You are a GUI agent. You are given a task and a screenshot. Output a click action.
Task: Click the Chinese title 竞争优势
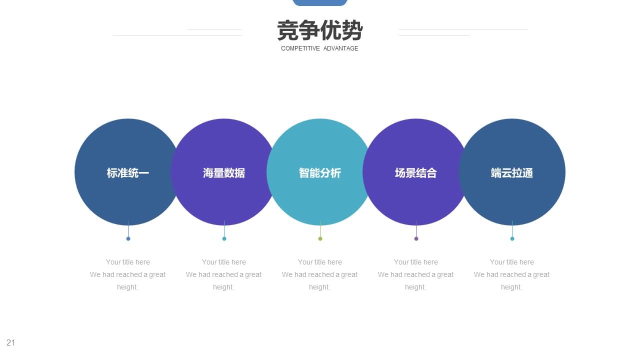(x=319, y=30)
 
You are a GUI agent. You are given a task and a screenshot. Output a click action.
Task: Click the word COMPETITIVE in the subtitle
(x=300, y=48)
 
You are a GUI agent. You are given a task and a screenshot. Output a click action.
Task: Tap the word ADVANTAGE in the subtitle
(x=341, y=48)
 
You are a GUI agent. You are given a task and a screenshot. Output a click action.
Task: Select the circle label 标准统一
(x=127, y=173)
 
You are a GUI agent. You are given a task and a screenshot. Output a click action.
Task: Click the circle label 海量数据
(x=223, y=173)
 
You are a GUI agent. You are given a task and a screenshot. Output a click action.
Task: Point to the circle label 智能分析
(x=319, y=173)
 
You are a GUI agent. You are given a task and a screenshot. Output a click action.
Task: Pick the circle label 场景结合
(x=415, y=173)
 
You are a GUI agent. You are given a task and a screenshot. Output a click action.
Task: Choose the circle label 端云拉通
(x=511, y=173)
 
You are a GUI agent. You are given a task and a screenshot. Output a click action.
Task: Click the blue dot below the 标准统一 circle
(x=128, y=238)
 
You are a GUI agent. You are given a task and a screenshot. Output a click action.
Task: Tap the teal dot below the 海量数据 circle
(x=224, y=238)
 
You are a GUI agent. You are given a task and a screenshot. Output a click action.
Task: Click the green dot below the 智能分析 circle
(x=320, y=238)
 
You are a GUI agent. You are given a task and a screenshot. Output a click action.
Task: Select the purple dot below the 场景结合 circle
(x=416, y=238)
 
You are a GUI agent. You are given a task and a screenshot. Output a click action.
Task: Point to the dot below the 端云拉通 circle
(x=512, y=238)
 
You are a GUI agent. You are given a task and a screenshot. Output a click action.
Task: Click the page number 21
(x=10, y=342)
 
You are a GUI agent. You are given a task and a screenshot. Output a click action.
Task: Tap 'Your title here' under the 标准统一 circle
(x=127, y=262)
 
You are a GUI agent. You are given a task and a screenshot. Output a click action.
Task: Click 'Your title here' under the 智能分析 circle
(x=319, y=262)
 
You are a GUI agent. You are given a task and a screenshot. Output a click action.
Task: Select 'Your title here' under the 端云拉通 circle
(x=511, y=262)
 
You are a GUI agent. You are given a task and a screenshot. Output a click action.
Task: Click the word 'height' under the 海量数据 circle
(x=223, y=287)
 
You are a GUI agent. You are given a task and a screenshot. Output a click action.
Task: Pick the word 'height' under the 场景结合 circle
(x=415, y=287)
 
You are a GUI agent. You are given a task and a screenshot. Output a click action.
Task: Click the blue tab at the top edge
(x=319, y=2)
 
